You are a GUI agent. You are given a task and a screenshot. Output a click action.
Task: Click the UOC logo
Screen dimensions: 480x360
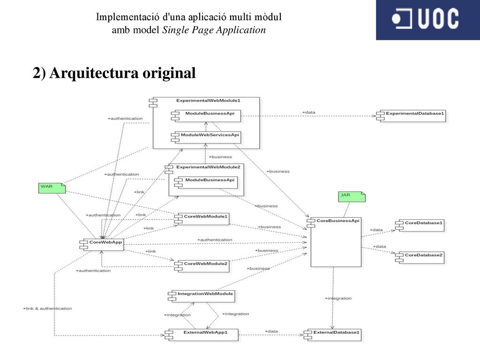tap(427, 20)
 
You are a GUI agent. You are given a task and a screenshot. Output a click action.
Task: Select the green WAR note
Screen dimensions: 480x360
tap(52, 188)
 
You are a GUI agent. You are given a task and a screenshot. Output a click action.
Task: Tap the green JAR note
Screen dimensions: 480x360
tap(352, 196)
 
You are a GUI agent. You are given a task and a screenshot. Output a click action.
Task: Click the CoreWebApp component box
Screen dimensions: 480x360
tap(102, 245)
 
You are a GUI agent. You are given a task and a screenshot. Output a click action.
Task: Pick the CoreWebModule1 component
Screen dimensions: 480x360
tap(202, 219)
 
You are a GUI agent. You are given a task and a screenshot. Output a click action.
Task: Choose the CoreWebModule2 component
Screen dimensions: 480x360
tap(202, 266)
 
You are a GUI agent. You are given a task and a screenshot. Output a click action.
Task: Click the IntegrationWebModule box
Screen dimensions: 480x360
tap(202, 296)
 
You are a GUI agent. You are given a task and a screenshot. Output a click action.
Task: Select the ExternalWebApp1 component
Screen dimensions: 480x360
tap(202, 335)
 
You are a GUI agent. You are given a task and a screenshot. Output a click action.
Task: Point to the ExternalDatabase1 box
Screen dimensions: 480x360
tap(332, 335)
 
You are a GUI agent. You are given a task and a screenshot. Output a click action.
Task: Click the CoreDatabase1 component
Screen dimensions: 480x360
tap(420, 225)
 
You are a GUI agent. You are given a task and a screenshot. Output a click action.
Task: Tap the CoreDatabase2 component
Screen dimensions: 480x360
tap(420, 257)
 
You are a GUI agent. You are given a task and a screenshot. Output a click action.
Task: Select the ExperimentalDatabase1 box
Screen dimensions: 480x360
tap(411, 116)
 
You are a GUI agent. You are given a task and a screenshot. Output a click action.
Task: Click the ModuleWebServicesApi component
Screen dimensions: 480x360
tap(206, 137)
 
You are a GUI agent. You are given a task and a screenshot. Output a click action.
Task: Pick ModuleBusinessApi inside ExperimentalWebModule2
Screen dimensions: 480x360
tap(206, 182)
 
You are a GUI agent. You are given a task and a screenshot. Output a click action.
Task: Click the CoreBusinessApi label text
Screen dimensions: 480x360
tap(337, 221)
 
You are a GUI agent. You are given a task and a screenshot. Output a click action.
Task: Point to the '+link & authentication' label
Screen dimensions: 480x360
tap(47, 308)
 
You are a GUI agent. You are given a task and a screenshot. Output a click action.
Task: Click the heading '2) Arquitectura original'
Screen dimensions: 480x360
tap(114, 73)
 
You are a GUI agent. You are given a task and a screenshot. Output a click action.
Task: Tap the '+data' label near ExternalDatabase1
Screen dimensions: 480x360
tap(271, 331)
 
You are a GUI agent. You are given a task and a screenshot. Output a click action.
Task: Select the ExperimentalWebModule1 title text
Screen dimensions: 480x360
tap(208, 100)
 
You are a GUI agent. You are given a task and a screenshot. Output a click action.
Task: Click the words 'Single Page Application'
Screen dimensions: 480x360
tap(214, 30)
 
